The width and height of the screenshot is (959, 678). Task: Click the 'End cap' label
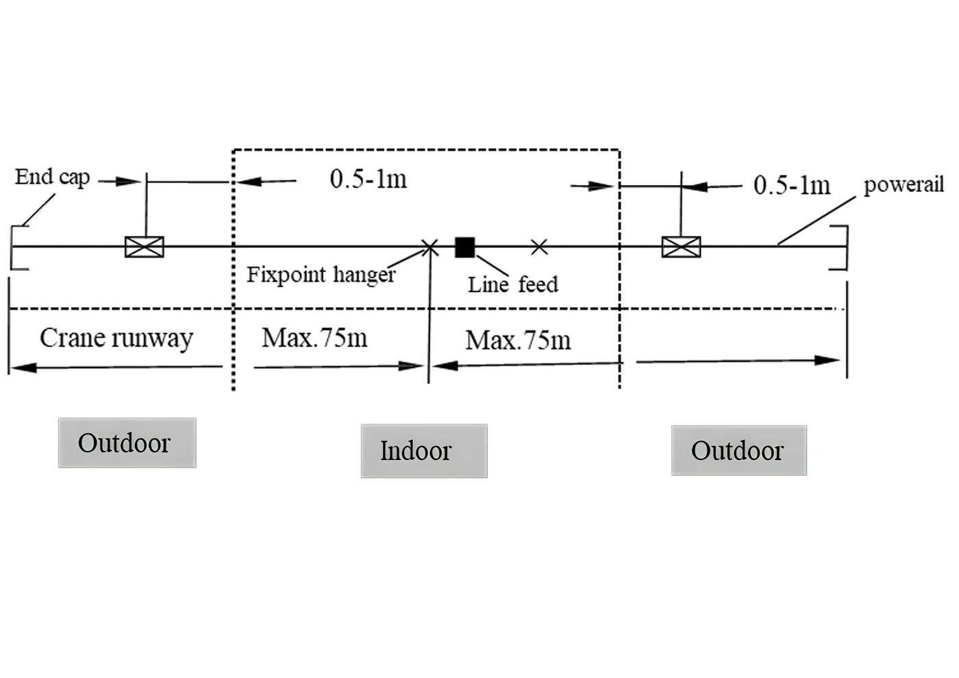[52, 178]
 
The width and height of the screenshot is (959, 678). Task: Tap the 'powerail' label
[904, 184]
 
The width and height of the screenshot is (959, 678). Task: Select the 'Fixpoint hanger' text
[321, 275]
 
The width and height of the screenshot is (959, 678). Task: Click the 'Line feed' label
[513, 284]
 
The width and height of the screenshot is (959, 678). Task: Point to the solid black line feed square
[465, 247]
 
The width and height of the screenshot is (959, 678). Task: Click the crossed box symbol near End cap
[145, 247]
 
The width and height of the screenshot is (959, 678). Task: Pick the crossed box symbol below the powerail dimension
[681, 247]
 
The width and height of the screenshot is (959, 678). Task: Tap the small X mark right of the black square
[539, 247]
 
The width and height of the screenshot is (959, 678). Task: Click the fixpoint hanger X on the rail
[430, 247]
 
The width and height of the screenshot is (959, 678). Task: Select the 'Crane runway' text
[116, 338]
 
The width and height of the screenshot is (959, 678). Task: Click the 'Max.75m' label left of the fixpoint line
[314, 338]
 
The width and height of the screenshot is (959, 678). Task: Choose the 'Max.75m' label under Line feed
[518, 340]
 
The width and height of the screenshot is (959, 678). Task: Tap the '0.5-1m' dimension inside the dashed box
[369, 179]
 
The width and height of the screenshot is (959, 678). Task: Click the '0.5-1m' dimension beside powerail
[792, 185]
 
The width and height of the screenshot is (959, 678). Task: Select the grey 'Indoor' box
[424, 451]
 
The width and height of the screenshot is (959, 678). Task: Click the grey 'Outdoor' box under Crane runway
[127, 443]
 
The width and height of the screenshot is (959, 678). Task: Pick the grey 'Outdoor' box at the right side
[739, 450]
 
